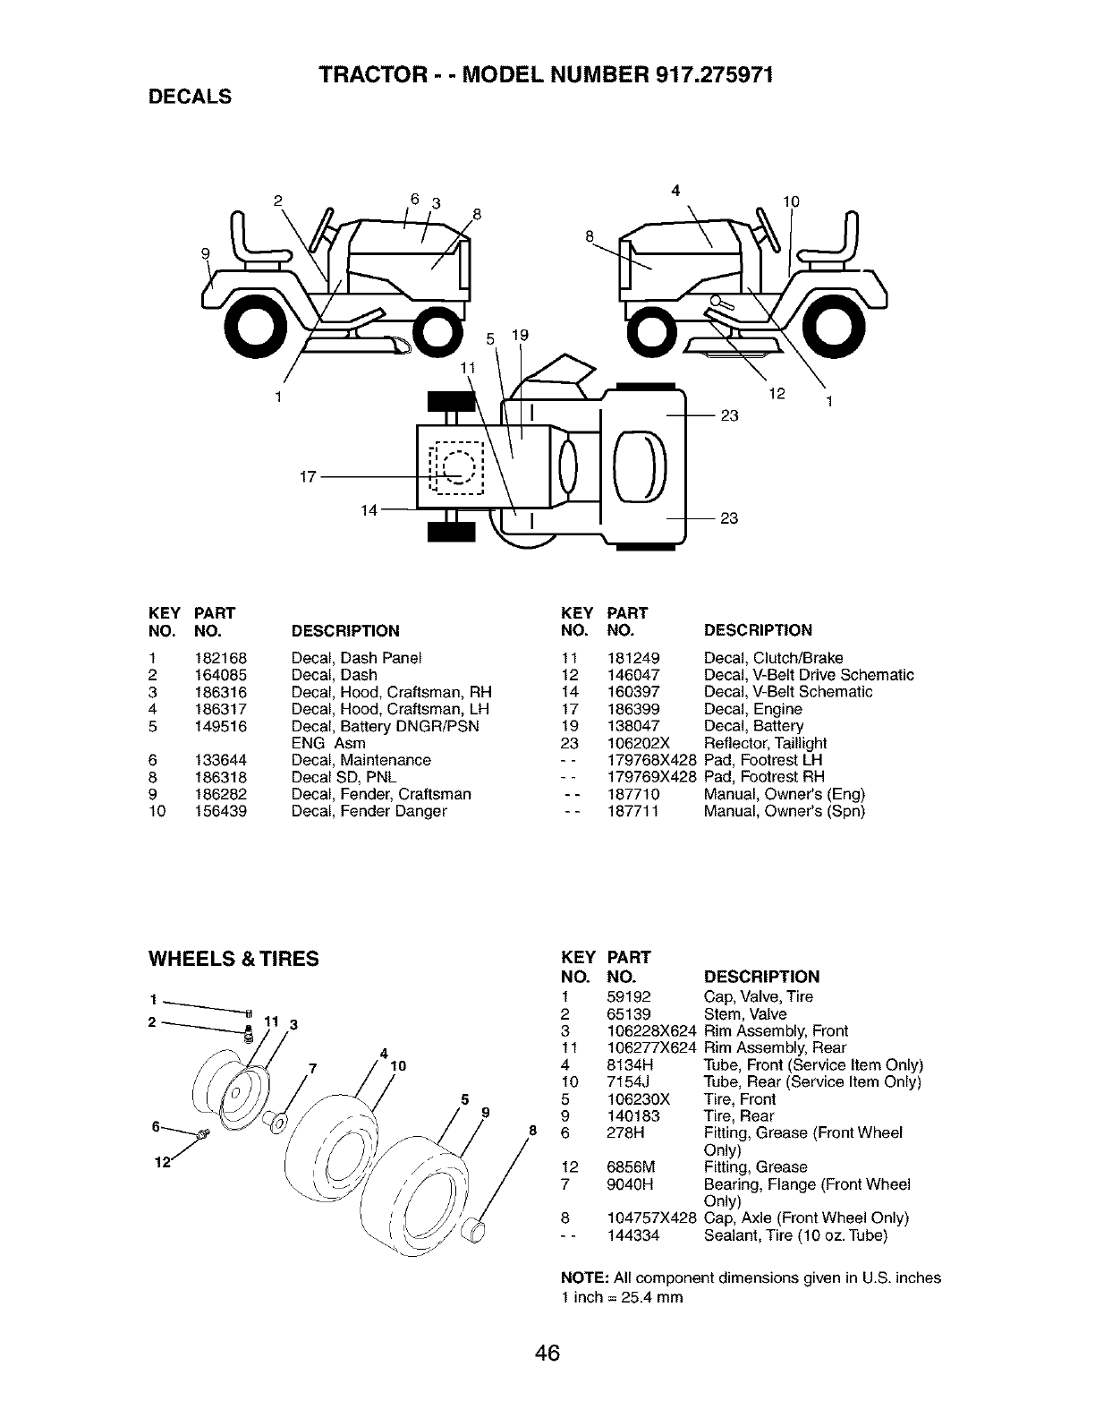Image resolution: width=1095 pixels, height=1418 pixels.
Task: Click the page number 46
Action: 547,1352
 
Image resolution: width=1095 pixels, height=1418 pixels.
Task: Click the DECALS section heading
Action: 190,97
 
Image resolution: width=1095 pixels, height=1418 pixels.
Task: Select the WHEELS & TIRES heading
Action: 233,959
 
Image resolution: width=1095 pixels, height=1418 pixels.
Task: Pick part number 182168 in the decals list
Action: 220,658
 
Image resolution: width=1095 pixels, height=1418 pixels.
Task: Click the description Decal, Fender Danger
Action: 369,811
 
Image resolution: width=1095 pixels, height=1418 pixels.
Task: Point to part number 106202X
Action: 638,743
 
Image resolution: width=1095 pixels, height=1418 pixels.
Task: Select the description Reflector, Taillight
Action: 765,743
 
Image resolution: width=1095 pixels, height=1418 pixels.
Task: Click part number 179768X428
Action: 651,760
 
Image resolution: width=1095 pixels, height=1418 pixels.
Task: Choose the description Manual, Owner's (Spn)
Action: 784,811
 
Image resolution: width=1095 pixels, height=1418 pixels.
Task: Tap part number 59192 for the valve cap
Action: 629,997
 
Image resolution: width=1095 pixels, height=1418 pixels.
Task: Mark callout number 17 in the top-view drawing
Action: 307,477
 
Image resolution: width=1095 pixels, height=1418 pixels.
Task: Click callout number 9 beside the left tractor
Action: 207,254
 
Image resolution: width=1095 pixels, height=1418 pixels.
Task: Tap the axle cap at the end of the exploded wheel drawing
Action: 473,1229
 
